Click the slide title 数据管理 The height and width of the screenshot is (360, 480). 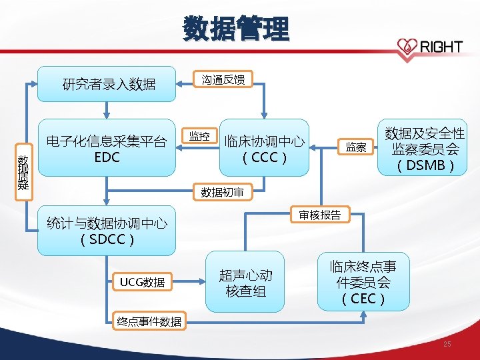(x=237, y=29)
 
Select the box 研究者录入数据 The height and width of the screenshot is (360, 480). (x=107, y=84)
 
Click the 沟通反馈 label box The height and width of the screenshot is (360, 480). (x=223, y=80)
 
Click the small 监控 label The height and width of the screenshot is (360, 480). (x=199, y=137)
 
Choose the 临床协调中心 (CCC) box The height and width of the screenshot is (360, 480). (x=265, y=149)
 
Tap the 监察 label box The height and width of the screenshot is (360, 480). (x=355, y=147)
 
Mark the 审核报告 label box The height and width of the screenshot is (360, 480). (x=319, y=215)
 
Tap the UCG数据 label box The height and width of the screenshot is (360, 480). (x=142, y=283)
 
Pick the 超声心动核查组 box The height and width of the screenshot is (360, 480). (x=245, y=283)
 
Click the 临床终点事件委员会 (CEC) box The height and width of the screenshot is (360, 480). (x=363, y=283)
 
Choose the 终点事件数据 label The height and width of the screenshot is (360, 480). (x=148, y=321)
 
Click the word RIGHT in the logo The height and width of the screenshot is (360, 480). (x=441, y=46)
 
